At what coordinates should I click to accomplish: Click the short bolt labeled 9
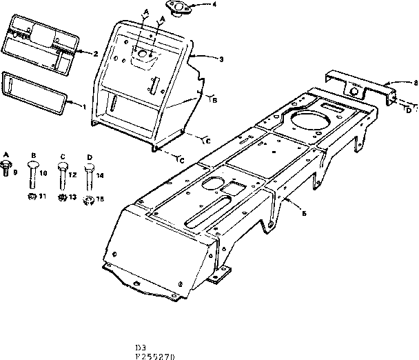pyautogui.click(x=7, y=166)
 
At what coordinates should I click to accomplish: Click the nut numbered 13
pyautogui.click(x=62, y=199)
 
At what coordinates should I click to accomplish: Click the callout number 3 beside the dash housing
pyautogui.click(x=221, y=59)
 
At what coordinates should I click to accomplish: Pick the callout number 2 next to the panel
pyautogui.click(x=95, y=52)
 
